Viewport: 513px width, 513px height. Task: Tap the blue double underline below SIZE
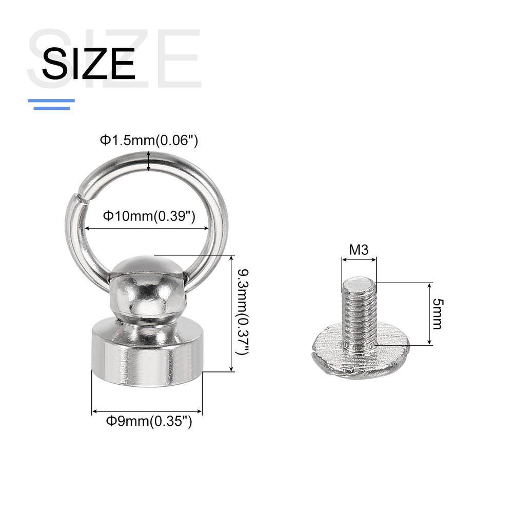(51, 104)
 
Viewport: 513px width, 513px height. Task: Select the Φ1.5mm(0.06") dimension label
(149, 140)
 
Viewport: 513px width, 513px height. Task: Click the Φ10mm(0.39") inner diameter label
(149, 216)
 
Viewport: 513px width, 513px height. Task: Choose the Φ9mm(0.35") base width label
(149, 422)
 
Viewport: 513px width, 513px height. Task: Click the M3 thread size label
(359, 250)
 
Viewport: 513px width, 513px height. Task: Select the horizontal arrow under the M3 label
(359, 260)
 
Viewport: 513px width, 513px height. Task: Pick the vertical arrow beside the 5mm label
(429, 313)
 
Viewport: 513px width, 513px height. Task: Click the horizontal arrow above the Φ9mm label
(147, 411)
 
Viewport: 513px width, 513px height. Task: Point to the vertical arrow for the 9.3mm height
(232, 313)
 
